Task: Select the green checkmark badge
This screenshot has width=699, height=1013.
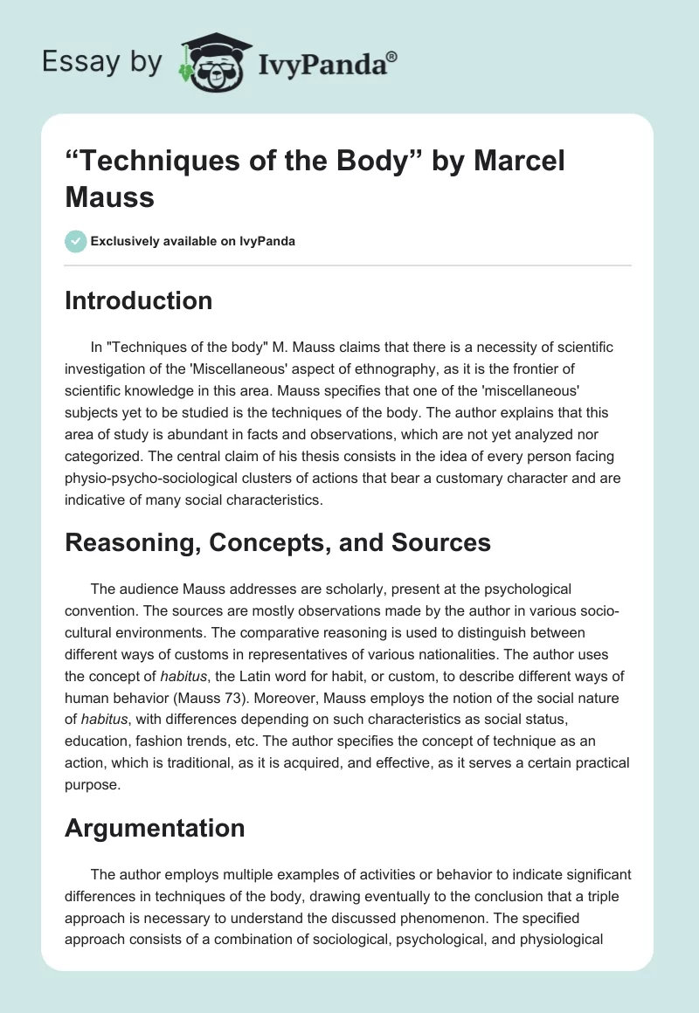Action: pos(76,241)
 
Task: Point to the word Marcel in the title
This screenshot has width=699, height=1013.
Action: pos(508,162)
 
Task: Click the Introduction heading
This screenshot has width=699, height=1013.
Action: pos(138,300)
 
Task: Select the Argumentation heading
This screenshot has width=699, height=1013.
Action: pos(155,828)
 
